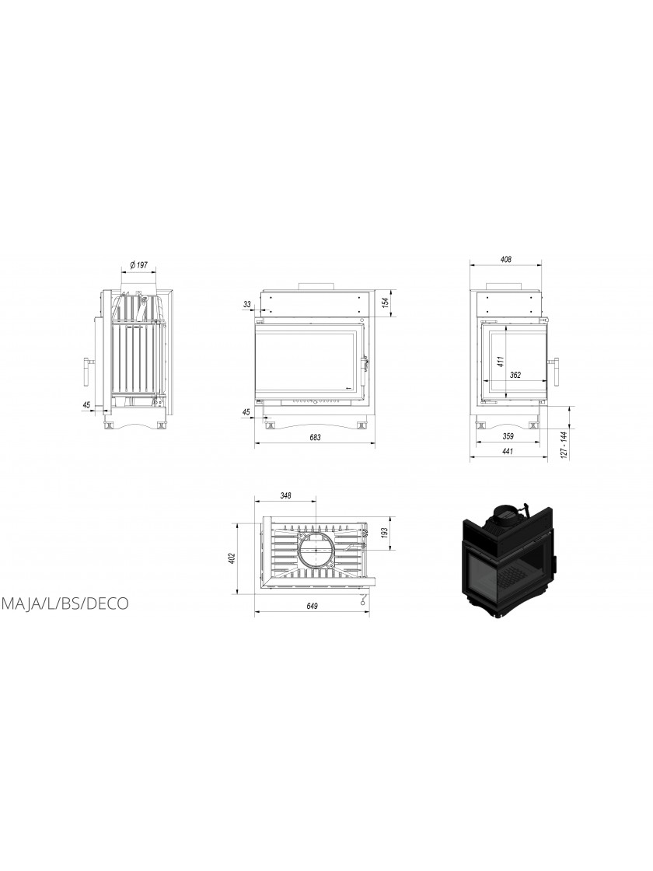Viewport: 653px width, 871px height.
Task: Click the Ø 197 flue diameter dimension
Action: point(139,265)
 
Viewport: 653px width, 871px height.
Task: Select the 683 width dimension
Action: point(315,437)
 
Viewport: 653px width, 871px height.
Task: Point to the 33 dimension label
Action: point(247,304)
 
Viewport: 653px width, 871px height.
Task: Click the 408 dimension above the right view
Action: point(505,259)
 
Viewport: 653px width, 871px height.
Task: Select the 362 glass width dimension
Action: point(515,375)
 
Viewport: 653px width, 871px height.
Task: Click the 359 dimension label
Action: point(508,435)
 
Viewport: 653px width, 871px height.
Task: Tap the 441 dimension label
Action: point(507,451)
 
